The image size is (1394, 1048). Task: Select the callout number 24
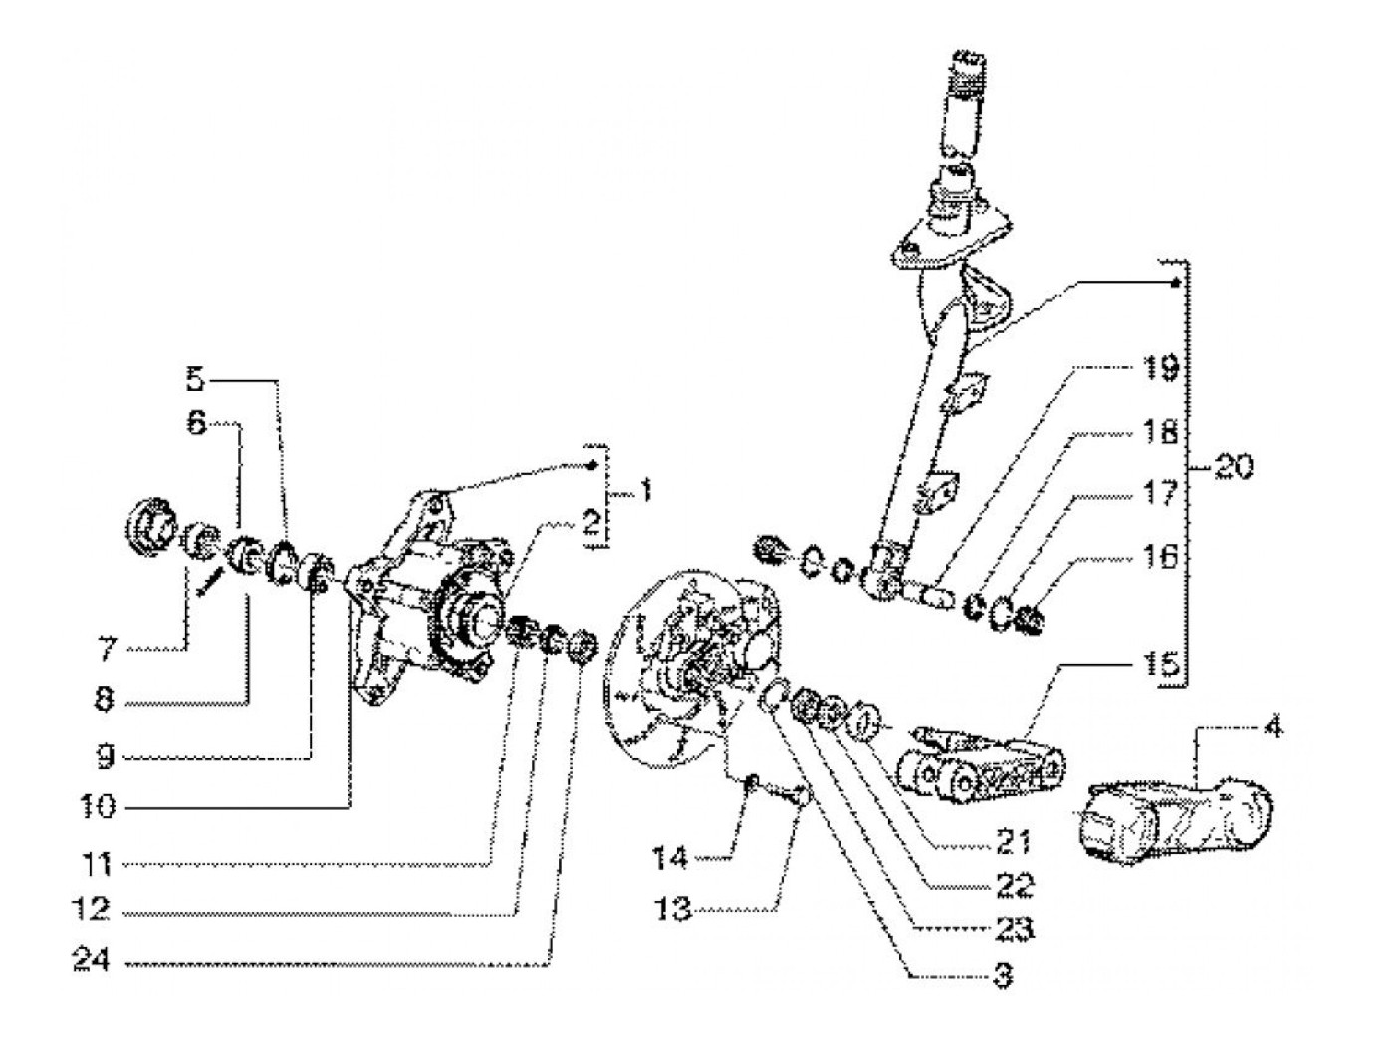coord(92,961)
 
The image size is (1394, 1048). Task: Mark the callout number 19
coord(1159,369)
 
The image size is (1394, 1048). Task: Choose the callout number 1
coord(645,491)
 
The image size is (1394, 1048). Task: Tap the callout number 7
coord(106,650)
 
